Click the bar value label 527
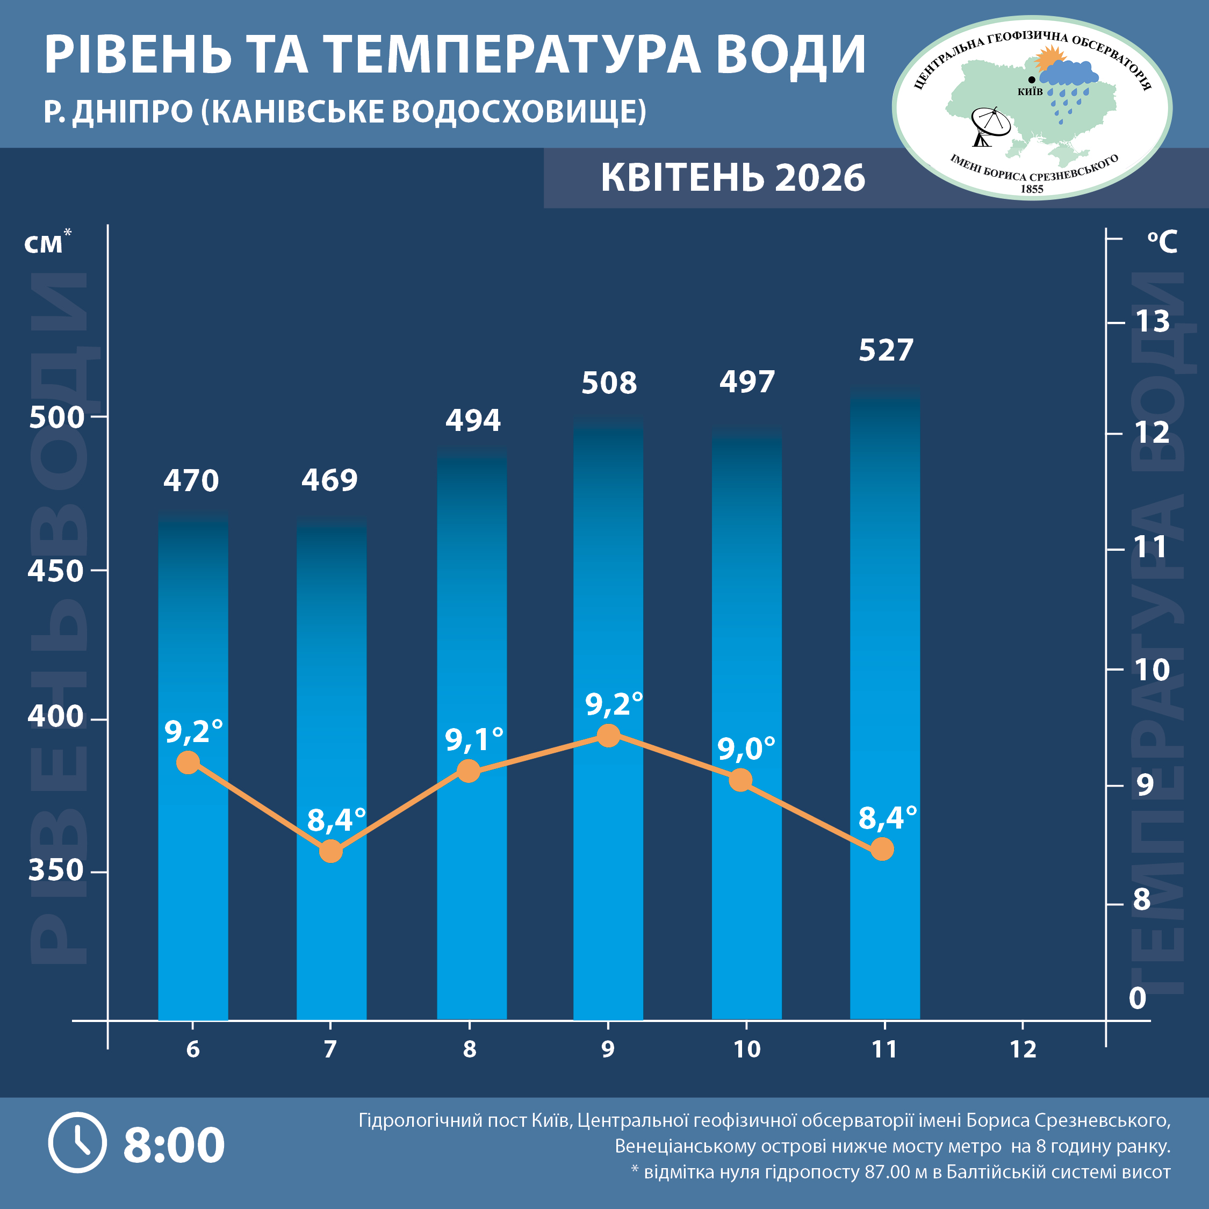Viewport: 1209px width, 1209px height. click(x=886, y=350)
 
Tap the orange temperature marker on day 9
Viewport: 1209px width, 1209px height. click(x=608, y=735)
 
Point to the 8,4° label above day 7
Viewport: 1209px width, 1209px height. click(x=336, y=820)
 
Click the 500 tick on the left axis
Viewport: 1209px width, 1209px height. click(x=56, y=418)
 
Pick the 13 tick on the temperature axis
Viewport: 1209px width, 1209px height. click(x=1152, y=322)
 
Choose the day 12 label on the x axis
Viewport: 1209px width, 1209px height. click(x=1023, y=1049)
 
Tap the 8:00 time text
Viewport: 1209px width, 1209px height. click(x=174, y=1145)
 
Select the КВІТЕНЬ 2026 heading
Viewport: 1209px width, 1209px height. click(x=733, y=178)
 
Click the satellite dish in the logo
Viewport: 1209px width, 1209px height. click(x=989, y=125)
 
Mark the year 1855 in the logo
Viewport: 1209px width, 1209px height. click(x=1032, y=189)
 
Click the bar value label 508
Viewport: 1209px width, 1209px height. click(x=609, y=383)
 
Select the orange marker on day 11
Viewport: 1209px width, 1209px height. click(x=882, y=849)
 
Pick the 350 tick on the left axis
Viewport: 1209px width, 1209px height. click(x=56, y=870)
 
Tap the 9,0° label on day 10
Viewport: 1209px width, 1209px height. click(x=746, y=749)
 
